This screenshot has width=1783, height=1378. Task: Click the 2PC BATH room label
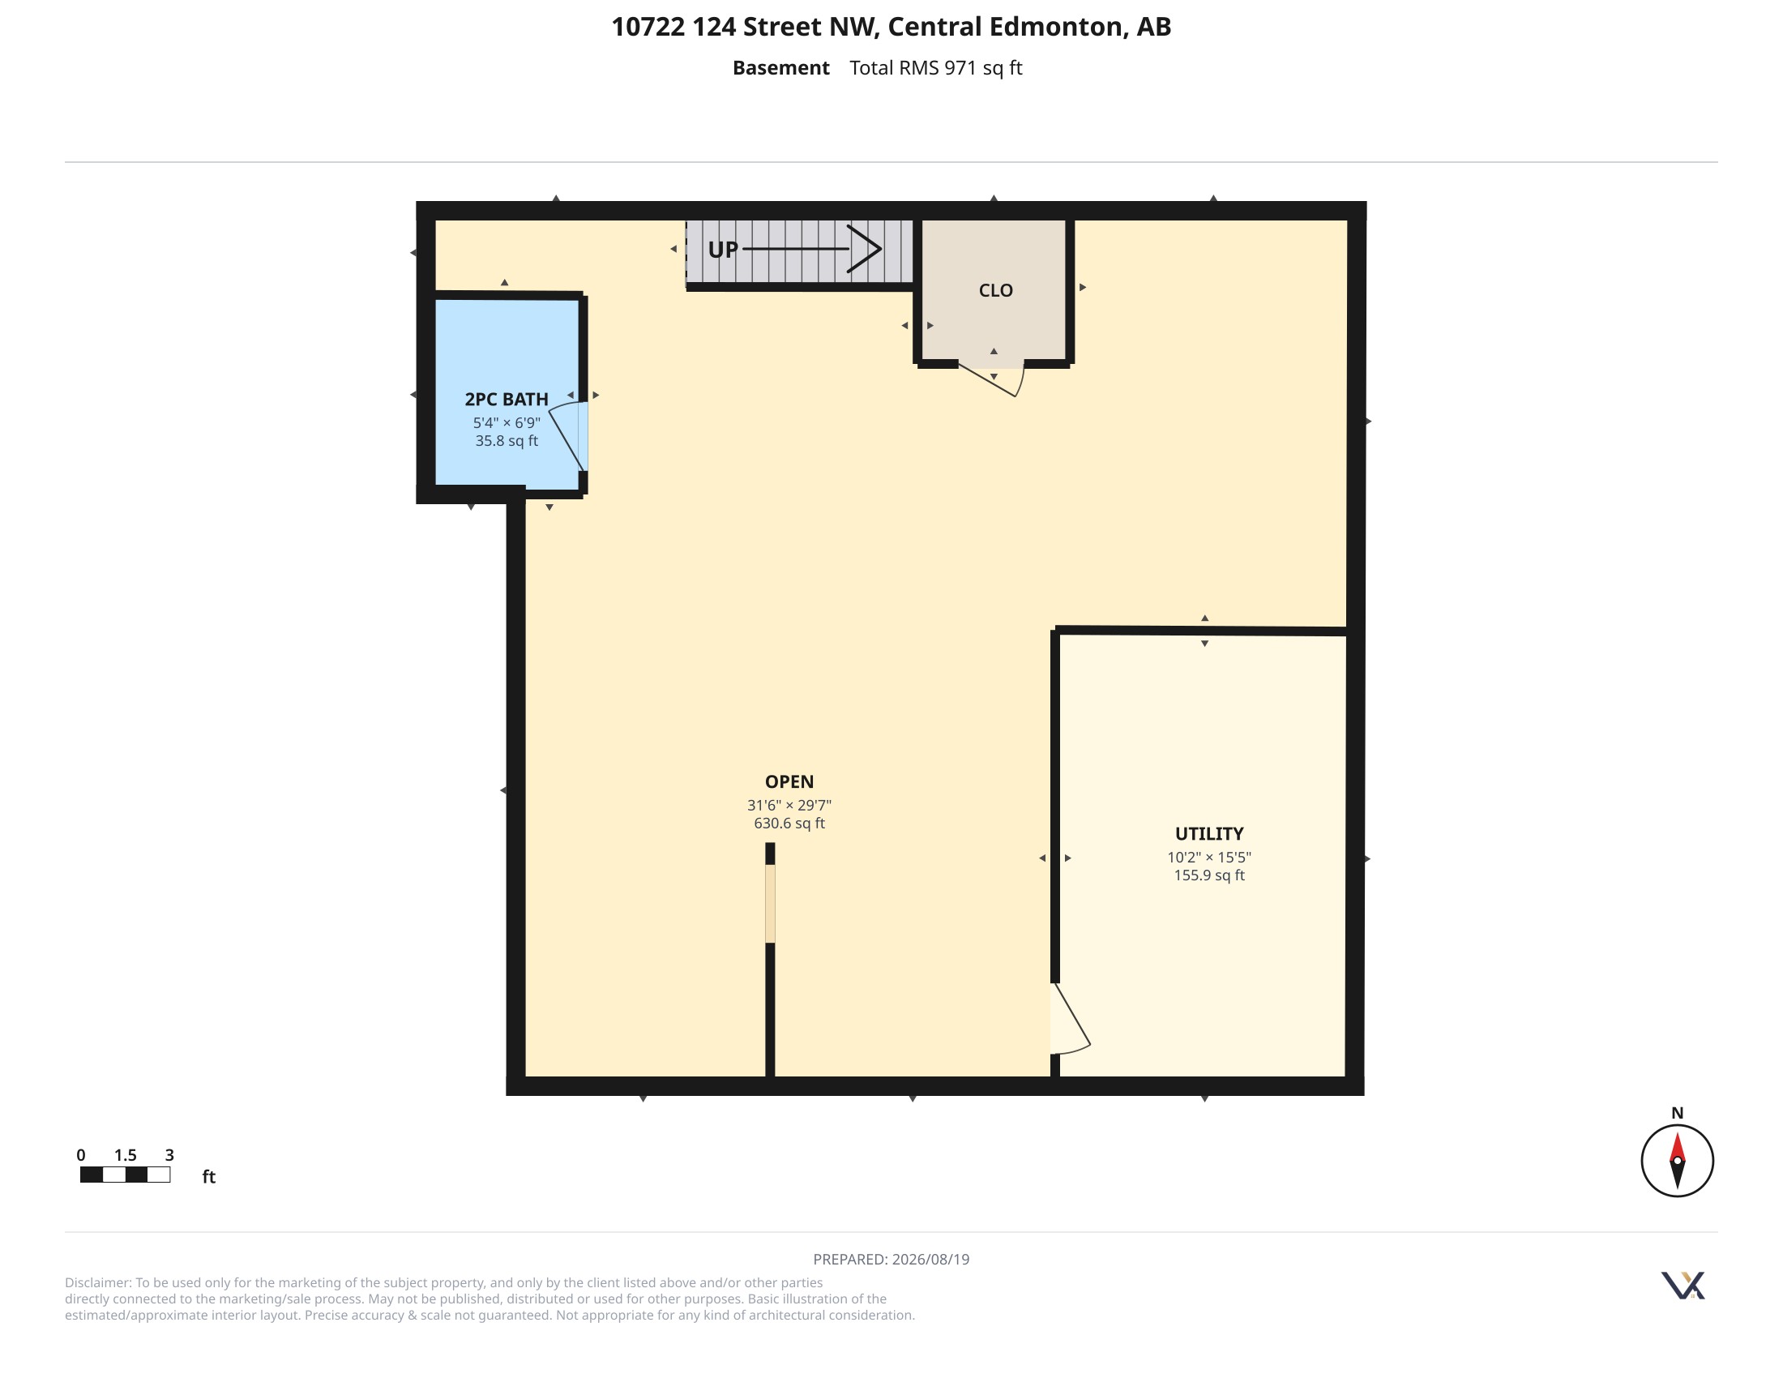pyautogui.click(x=507, y=399)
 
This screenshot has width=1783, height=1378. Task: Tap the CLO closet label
pyautogui.click(x=996, y=291)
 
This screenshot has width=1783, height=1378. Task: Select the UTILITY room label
pyautogui.click(x=1209, y=833)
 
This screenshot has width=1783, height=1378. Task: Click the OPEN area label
pyautogui.click(x=789, y=781)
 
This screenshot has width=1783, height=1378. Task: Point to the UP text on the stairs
pyautogui.click(x=722, y=250)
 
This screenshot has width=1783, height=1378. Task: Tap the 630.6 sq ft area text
pyautogui.click(x=789, y=823)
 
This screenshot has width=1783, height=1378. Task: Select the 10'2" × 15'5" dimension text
pyautogui.click(x=1209, y=857)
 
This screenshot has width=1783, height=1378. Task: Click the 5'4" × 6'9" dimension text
pyautogui.click(x=507, y=423)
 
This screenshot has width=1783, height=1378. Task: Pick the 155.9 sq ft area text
pyautogui.click(x=1209, y=875)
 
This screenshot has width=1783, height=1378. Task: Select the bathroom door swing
pyautogui.click(x=566, y=438)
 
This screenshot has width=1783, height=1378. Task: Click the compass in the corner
pyautogui.click(x=1677, y=1160)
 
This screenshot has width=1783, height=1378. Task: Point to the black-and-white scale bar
pyautogui.click(x=125, y=1175)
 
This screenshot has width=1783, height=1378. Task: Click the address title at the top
pyautogui.click(x=891, y=27)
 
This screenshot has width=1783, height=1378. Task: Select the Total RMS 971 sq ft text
pyautogui.click(x=935, y=68)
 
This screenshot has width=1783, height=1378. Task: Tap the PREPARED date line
pyautogui.click(x=891, y=1259)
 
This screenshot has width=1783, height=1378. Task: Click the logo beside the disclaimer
pyautogui.click(x=1683, y=1285)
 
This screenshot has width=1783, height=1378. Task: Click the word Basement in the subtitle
pyautogui.click(x=780, y=68)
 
